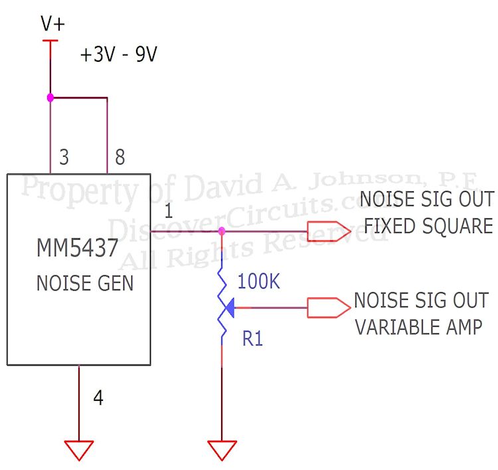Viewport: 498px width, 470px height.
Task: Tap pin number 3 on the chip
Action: pyautogui.click(x=64, y=157)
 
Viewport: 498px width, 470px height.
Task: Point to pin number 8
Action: pyautogui.click(x=120, y=157)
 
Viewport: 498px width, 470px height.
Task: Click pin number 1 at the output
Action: pyautogui.click(x=168, y=214)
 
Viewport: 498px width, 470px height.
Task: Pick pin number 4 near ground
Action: pyautogui.click(x=98, y=398)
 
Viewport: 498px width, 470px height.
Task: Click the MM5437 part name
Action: pyautogui.click(x=78, y=250)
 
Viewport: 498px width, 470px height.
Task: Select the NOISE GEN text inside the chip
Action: pyautogui.click(x=84, y=283)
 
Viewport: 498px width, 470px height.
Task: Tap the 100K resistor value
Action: pyautogui.click(x=259, y=281)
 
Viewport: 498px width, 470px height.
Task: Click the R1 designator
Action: pyautogui.click(x=253, y=339)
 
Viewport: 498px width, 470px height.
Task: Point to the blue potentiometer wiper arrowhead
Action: pyautogui.click(x=229, y=307)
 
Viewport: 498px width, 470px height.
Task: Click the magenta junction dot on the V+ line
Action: pyautogui.click(x=50, y=98)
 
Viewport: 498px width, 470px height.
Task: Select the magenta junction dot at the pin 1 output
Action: pyautogui.click(x=221, y=231)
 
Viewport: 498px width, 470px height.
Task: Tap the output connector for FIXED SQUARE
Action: pyautogui.click(x=329, y=231)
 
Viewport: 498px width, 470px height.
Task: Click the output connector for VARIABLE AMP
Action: pyautogui.click(x=329, y=307)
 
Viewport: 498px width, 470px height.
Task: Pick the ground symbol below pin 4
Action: pyautogui.click(x=79, y=450)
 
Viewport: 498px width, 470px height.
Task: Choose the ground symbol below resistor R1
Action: pyautogui.click(x=221, y=450)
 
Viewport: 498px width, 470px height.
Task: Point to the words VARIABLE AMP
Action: pyautogui.click(x=418, y=327)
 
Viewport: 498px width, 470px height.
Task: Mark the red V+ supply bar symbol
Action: pyautogui.click(x=50, y=42)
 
